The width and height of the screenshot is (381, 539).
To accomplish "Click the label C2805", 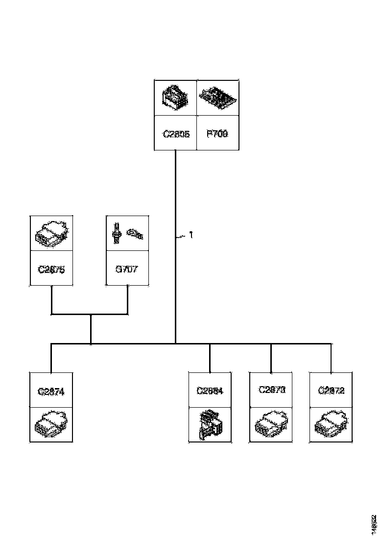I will coord(176,133).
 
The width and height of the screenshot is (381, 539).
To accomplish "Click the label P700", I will coord(217,133).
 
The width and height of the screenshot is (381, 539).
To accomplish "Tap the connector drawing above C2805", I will coord(176,98).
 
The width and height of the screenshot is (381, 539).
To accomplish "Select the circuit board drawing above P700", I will coord(218,98).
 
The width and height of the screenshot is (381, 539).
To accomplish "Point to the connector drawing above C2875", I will coord(51,233).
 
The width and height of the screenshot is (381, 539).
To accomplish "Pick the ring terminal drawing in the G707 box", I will coord(135,234).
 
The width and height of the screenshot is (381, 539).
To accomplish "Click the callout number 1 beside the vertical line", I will coord(191,235).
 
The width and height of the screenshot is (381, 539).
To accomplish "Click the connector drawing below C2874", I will coord(51,424).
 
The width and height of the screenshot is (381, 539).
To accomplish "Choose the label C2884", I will coord(210,391).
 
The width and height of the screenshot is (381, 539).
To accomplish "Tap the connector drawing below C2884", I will coord(210,424).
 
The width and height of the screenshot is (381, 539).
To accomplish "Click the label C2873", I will coord(271,390).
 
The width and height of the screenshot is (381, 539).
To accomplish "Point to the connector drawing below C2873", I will coord(271,424).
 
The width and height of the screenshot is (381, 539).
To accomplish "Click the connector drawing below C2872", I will coord(331,424).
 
